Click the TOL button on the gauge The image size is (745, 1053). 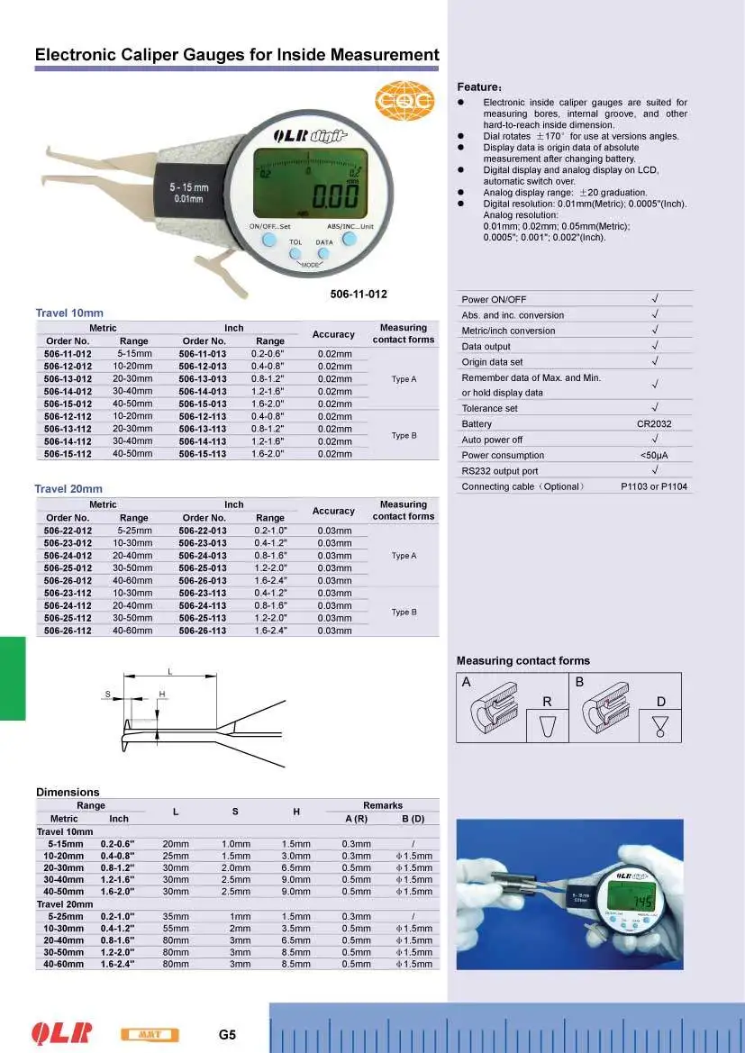295,255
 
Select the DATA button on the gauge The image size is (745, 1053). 323,255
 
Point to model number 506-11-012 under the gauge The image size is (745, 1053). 359,294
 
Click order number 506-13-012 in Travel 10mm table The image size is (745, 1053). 68,379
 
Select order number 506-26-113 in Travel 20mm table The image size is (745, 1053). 204,631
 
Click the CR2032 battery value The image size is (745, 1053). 654,423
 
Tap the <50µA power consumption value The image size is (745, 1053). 654,455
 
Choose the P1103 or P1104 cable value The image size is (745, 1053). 654,486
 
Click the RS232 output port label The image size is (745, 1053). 500,470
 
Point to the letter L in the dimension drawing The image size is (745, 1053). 170,671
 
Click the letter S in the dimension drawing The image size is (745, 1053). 106,694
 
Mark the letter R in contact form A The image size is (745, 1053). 547,701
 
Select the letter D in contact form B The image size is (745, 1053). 660,701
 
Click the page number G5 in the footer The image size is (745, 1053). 227,1034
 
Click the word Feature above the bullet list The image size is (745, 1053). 478,86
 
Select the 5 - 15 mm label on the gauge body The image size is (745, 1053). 189,186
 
